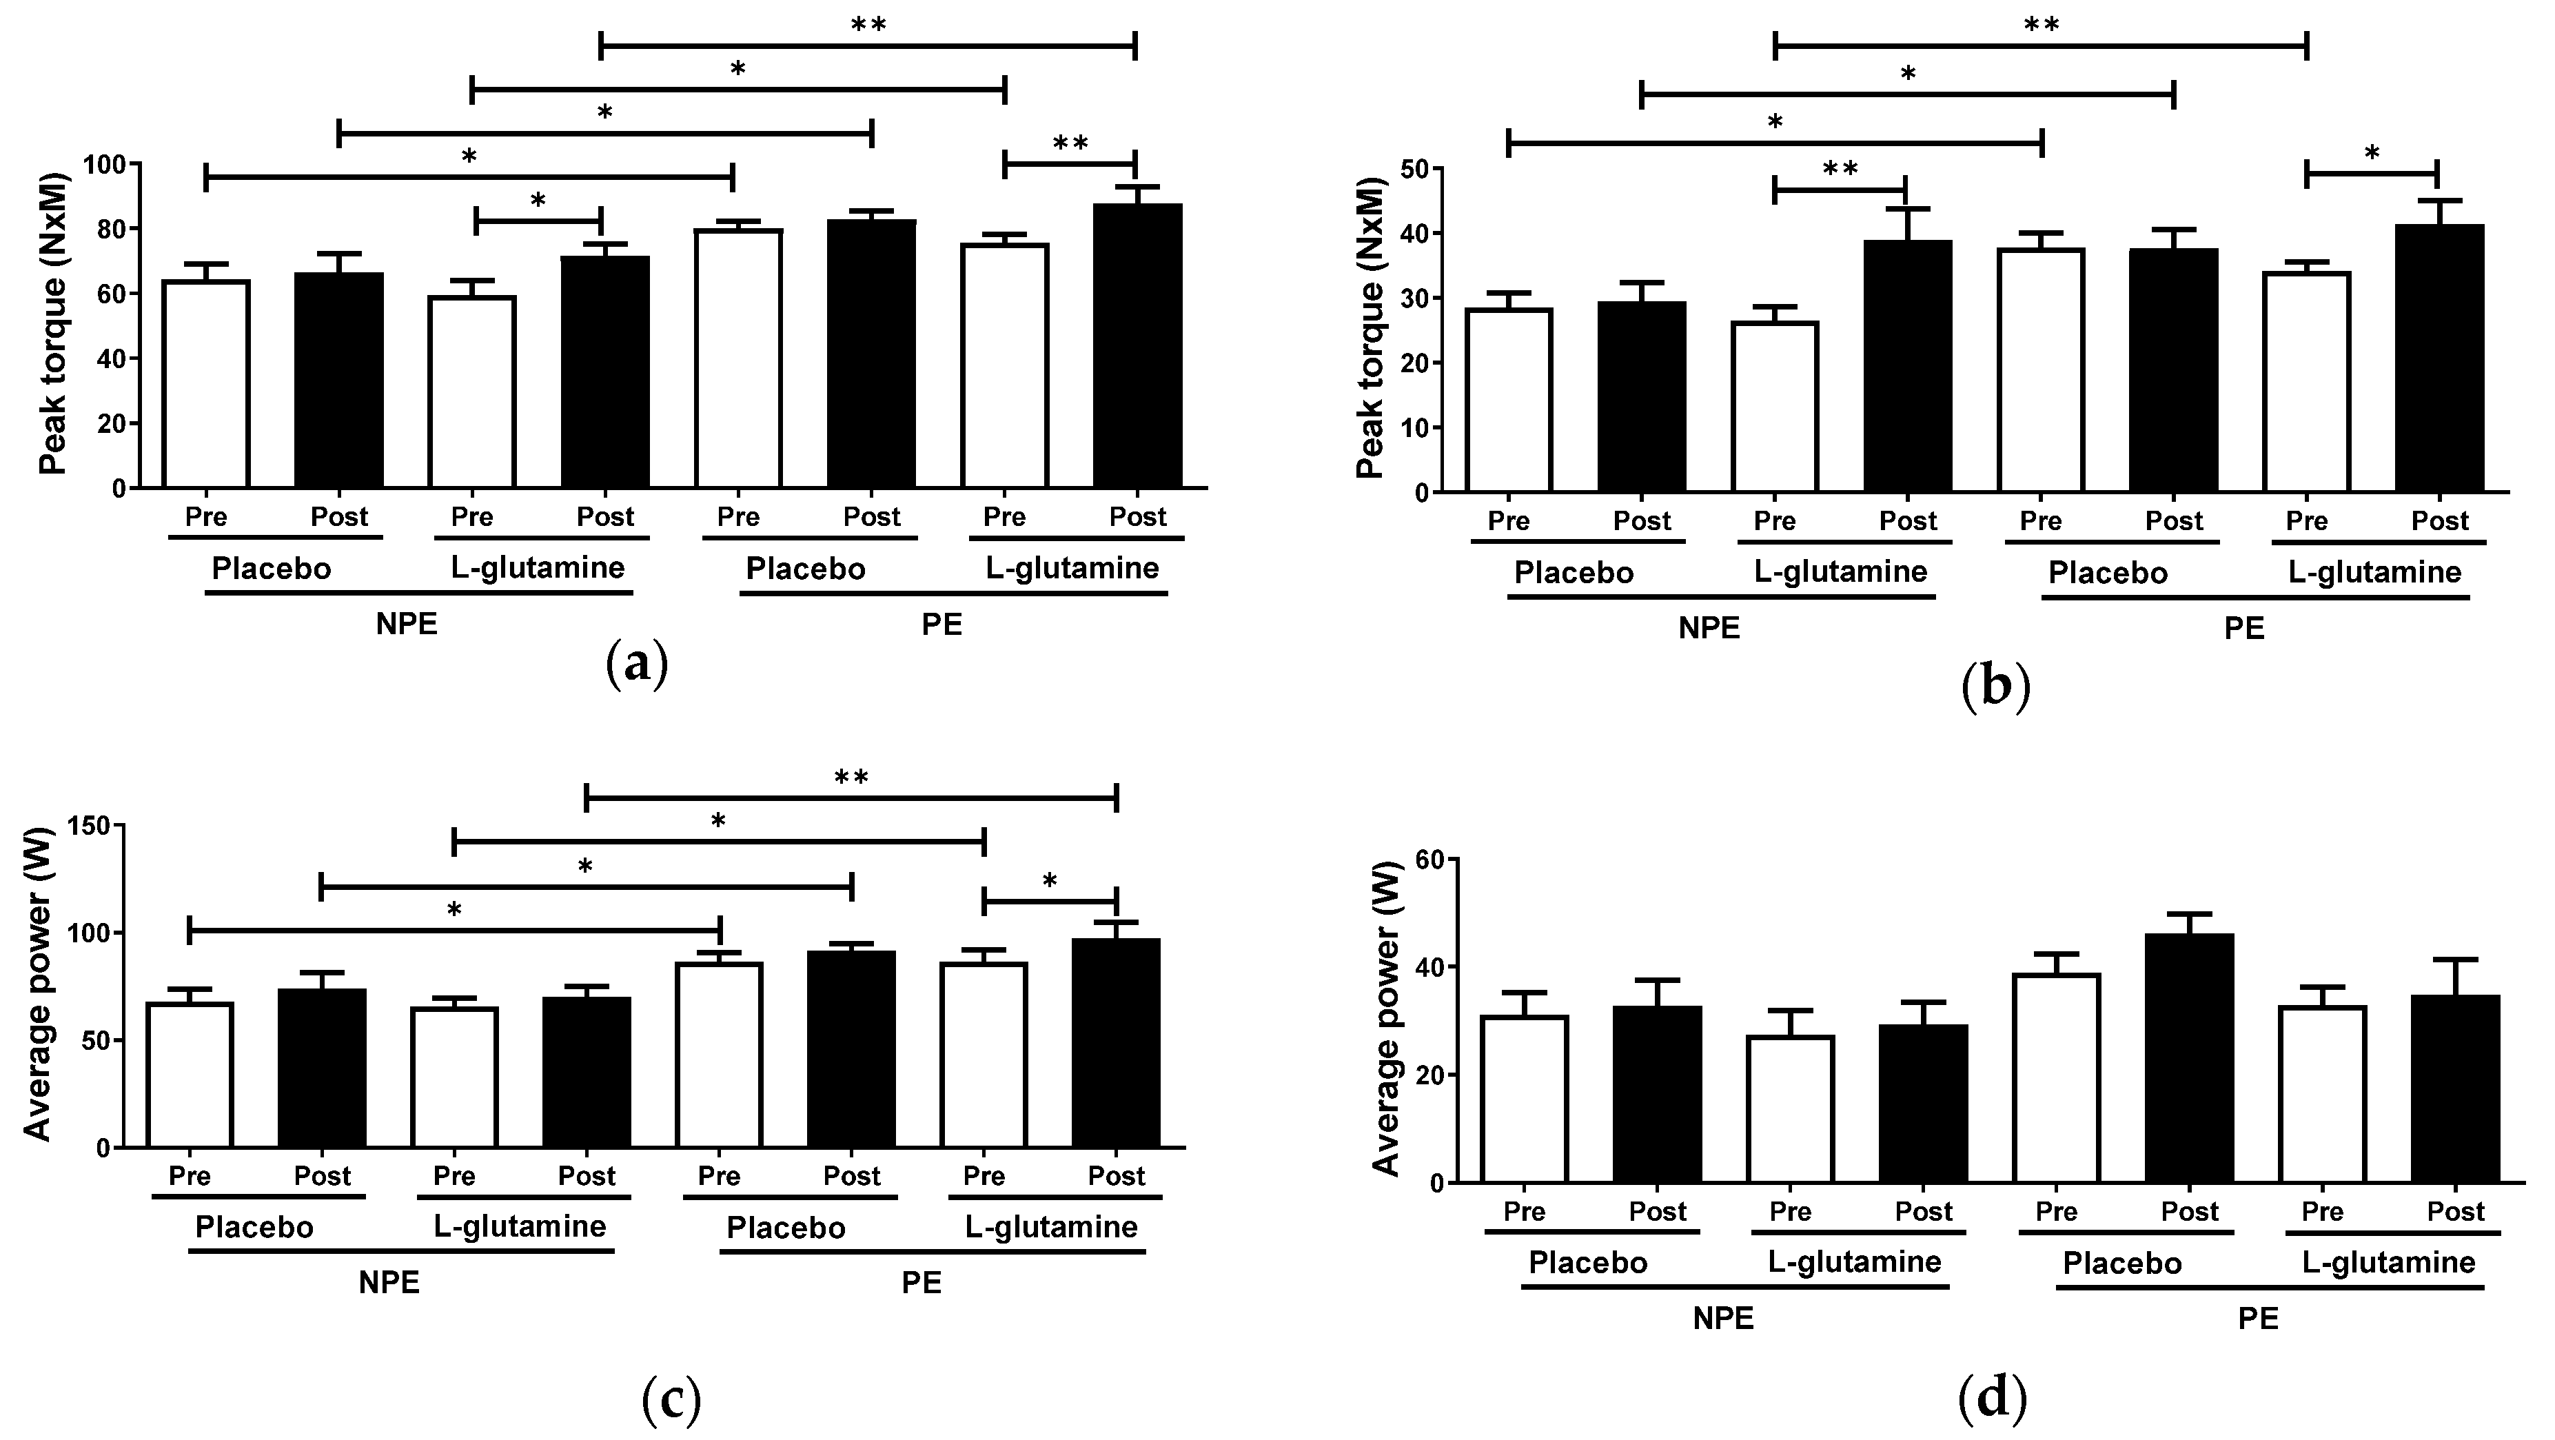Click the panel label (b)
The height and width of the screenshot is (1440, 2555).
(1995, 687)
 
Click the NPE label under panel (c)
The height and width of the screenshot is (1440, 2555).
(389, 1282)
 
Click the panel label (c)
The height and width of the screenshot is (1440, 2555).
(671, 1399)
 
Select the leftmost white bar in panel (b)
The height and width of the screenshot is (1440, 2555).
(1509, 400)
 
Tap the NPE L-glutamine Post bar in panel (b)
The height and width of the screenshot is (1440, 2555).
(1907, 366)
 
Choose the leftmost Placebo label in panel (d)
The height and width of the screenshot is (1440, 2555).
(1588, 1262)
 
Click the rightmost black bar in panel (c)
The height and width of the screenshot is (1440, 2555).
(1116, 1044)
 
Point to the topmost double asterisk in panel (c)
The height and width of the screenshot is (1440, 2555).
(851, 777)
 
